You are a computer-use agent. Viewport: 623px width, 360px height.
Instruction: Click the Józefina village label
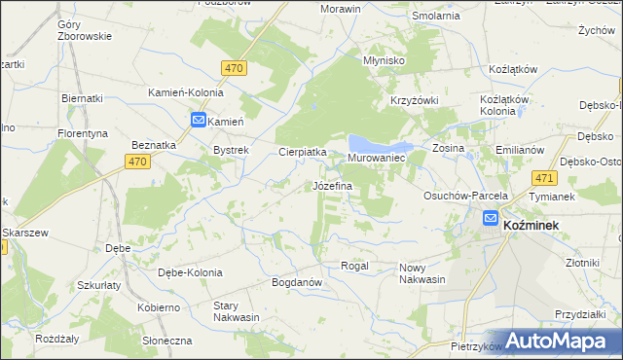[332, 185]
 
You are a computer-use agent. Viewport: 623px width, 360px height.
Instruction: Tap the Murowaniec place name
[376, 158]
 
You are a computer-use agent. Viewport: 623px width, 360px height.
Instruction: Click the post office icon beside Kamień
[198, 121]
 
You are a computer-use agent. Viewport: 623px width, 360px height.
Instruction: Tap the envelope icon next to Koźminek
[491, 220]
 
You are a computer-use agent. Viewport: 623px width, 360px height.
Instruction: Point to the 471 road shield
[545, 178]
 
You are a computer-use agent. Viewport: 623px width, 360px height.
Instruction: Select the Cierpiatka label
[303, 152]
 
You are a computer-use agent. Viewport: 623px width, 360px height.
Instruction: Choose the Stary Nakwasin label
[237, 310]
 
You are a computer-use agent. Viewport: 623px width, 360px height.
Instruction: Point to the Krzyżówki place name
[416, 101]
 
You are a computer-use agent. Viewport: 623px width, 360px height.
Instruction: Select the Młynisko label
[384, 59]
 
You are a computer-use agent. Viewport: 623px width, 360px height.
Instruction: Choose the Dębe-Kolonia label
[190, 272]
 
